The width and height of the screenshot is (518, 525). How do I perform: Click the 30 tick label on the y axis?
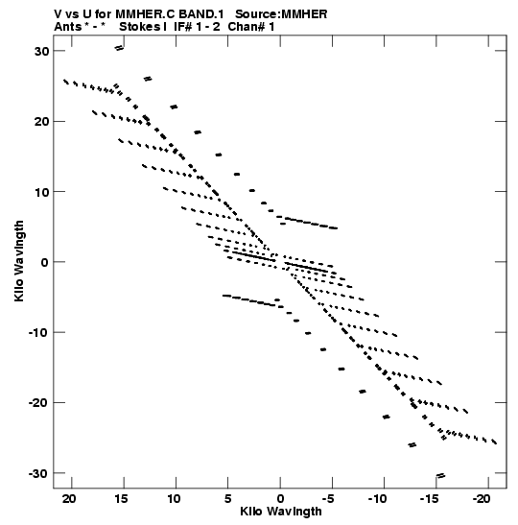click(x=41, y=51)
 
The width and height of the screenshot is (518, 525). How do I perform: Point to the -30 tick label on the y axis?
click(x=38, y=473)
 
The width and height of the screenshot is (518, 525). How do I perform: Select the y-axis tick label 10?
click(x=41, y=192)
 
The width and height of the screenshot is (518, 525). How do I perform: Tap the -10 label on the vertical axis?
click(x=38, y=333)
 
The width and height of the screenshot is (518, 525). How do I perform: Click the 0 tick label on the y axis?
click(x=45, y=262)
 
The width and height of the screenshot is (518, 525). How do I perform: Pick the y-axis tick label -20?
click(x=38, y=403)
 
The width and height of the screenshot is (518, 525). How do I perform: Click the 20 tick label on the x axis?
click(x=69, y=499)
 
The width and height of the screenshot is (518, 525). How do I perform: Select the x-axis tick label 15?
click(x=121, y=499)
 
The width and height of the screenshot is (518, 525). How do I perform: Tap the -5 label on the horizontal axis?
click(x=328, y=499)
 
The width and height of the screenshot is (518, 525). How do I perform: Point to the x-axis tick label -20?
click(x=482, y=499)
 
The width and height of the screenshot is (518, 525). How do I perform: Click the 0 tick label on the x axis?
click(x=280, y=499)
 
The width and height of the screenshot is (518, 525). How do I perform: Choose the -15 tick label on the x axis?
click(x=430, y=499)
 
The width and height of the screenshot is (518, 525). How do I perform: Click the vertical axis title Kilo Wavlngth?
click(x=19, y=261)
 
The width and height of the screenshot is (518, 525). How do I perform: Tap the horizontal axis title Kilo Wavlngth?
click(x=281, y=512)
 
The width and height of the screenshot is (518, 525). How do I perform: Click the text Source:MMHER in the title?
click(x=281, y=14)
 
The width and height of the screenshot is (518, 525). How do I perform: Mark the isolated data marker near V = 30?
click(x=119, y=48)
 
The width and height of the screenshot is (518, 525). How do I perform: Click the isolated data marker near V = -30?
click(x=440, y=475)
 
